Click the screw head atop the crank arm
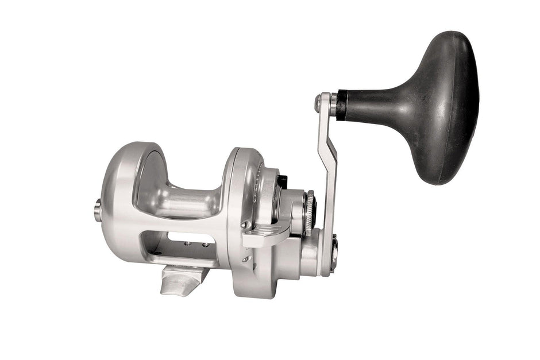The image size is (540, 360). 318,103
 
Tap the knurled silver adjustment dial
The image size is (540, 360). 310,212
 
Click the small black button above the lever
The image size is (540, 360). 281,182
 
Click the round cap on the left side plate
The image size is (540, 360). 98,210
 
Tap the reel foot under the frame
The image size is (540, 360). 183,280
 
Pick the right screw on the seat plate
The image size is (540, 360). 205,245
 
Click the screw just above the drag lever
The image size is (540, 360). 245,224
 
